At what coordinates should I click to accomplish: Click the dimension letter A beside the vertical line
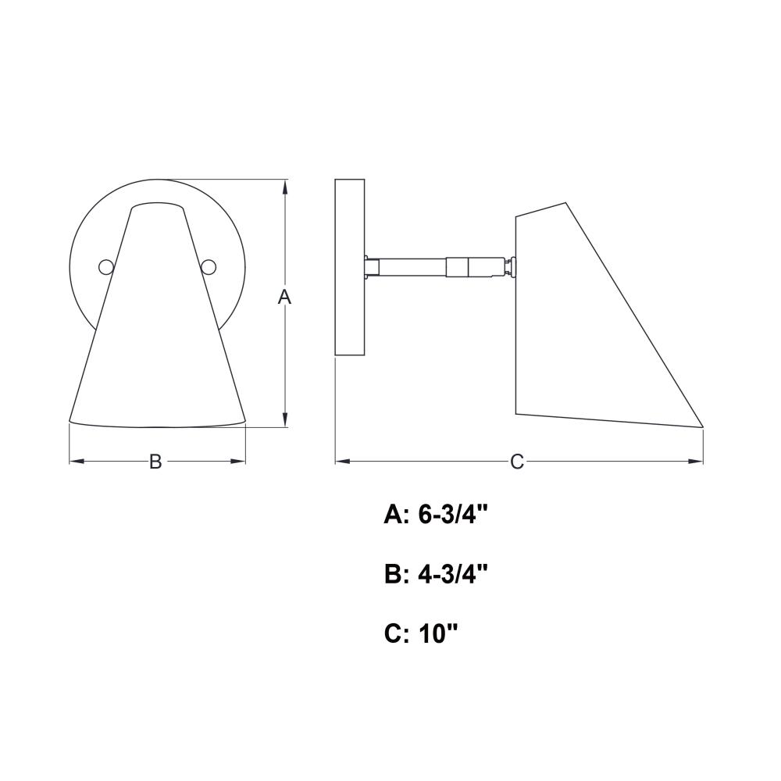click(284, 297)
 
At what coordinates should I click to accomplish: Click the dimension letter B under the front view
click(155, 462)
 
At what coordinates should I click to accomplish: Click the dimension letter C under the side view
click(517, 462)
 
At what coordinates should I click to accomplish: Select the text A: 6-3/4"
click(435, 515)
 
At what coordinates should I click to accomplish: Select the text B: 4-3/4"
click(435, 575)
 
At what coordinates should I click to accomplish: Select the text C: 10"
click(421, 634)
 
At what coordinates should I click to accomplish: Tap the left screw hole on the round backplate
click(106, 267)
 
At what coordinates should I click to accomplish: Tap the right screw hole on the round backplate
click(209, 267)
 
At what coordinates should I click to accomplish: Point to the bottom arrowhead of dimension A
click(284, 420)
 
